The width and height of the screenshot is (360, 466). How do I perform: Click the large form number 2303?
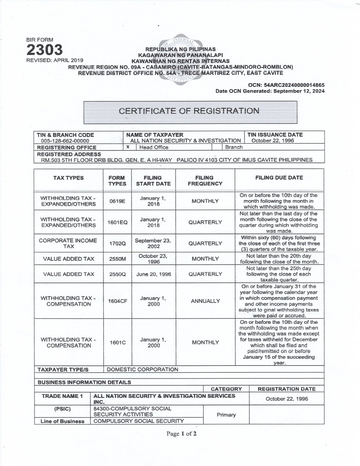[x=44, y=50]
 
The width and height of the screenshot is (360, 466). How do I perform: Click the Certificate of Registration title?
[x=189, y=111]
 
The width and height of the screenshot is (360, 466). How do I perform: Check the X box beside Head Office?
[x=128, y=147]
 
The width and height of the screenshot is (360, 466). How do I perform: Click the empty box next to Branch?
[x=216, y=147]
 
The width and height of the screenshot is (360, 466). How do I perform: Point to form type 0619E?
[x=117, y=201]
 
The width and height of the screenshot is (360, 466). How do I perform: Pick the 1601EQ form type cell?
[x=117, y=223]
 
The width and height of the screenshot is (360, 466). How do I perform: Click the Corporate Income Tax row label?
[x=68, y=243]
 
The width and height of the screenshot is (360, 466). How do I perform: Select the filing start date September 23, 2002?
[x=153, y=243]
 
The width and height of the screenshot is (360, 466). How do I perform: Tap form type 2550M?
[x=117, y=259]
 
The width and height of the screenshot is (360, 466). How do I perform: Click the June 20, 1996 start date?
[x=153, y=274]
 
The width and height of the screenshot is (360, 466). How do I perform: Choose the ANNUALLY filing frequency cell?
[x=205, y=301]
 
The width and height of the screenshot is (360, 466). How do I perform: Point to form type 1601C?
[x=117, y=342]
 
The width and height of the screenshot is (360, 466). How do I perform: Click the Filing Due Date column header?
[x=279, y=178]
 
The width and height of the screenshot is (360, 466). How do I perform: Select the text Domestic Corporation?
[x=142, y=369]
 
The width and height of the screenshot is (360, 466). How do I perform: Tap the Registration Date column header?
[x=287, y=389]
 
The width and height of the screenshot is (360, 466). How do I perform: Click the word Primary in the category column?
[x=226, y=415]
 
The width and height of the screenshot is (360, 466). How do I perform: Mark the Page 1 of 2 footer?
[x=181, y=434]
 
